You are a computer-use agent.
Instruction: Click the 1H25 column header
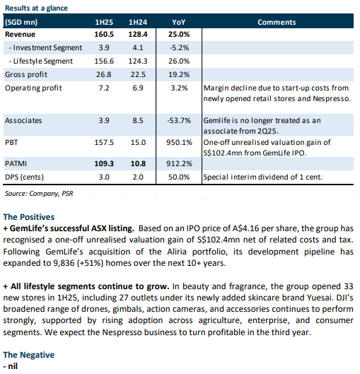click(104, 22)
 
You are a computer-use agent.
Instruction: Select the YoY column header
click(179, 22)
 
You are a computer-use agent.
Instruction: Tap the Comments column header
click(277, 22)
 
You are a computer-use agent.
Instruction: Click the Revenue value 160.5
click(104, 35)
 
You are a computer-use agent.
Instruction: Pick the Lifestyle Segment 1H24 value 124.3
click(138, 61)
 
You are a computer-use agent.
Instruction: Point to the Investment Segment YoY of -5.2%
click(179, 47)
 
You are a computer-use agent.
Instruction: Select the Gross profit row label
click(26, 74)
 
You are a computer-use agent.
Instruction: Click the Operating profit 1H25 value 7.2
click(104, 88)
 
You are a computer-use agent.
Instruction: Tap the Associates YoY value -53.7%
click(179, 120)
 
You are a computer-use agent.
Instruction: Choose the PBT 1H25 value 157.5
click(104, 142)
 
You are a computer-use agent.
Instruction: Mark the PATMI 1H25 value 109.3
click(104, 163)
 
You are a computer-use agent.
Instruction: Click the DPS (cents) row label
click(24, 177)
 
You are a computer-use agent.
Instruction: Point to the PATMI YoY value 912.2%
click(179, 163)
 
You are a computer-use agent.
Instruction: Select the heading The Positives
click(29, 217)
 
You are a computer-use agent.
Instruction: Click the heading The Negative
click(29, 355)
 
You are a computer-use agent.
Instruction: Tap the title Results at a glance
click(37, 8)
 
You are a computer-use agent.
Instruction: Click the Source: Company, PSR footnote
click(39, 193)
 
